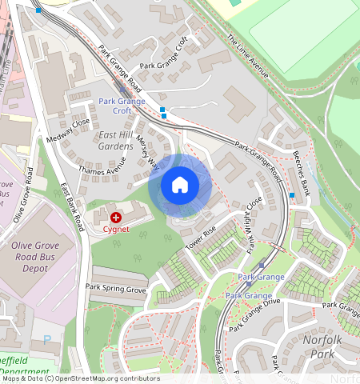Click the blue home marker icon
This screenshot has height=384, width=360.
point(180,186)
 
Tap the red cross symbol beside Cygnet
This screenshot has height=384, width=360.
point(116,216)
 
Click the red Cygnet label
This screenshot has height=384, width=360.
point(116,229)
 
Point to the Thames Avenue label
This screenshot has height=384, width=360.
point(102,165)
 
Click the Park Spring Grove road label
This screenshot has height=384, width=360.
point(116,288)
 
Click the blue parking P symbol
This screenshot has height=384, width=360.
point(46,339)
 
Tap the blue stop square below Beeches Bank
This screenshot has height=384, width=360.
point(292,195)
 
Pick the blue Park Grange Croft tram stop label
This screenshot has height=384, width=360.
point(122,106)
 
